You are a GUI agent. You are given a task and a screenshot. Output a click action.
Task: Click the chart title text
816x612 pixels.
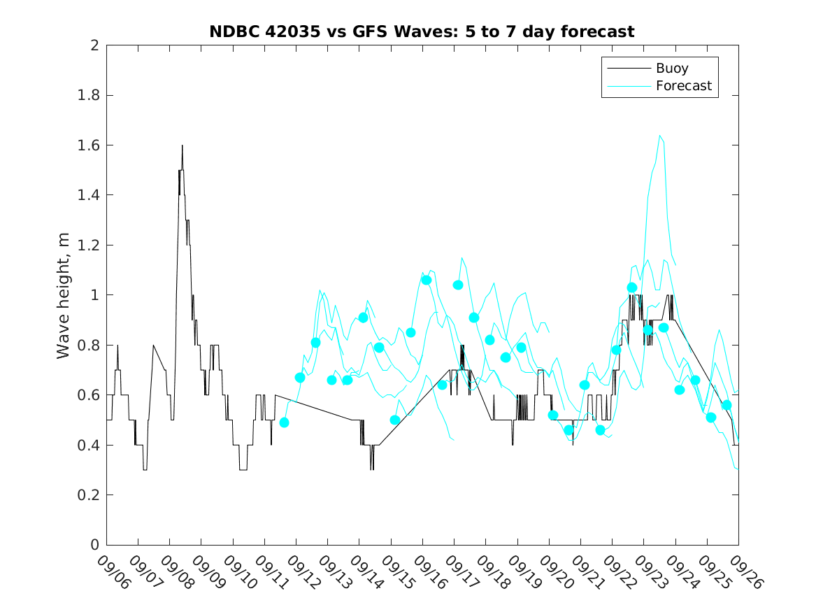point(422,31)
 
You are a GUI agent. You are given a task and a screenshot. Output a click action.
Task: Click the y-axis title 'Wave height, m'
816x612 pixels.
point(64,296)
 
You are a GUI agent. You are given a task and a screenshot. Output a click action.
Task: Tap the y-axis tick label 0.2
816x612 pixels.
point(92,495)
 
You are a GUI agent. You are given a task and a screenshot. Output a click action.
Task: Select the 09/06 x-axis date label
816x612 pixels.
point(114,571)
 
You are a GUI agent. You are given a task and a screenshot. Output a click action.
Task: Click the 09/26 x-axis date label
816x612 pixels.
point(746,571)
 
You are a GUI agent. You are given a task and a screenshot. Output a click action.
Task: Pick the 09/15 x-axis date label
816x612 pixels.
point(399,571)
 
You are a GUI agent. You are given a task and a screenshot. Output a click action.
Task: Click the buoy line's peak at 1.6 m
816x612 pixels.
point(182,145)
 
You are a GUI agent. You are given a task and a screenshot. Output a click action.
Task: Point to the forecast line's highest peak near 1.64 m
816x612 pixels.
point(659,136)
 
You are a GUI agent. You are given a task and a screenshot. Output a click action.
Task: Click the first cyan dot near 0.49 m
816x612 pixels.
point(284,422)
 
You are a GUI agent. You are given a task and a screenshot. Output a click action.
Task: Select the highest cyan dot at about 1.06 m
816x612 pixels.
point(427,280)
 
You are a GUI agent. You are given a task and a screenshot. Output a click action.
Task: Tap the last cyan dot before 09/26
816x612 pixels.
point(726,405)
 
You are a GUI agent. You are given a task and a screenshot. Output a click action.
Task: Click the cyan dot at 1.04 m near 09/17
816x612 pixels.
point(458,285)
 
